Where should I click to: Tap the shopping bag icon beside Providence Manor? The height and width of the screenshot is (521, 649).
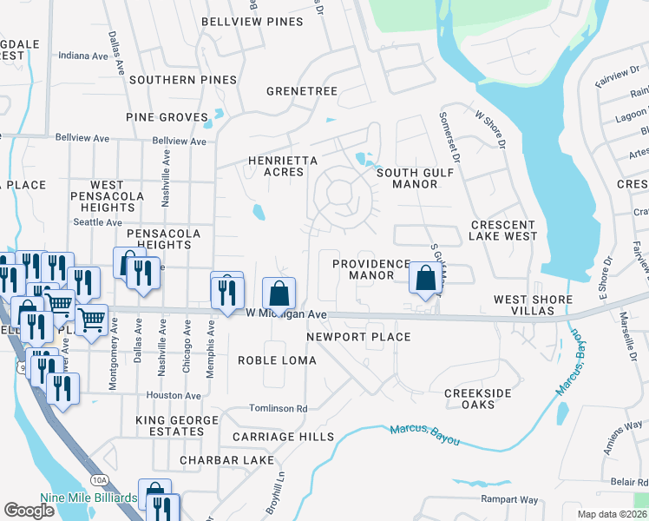coord(425,279)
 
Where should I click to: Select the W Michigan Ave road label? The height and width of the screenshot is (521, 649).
coord(285,313)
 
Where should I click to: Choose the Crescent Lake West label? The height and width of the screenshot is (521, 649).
coord(515,230)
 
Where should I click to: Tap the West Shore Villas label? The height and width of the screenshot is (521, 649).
coord(533,306)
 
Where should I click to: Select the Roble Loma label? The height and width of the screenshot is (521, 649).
coord(278,359)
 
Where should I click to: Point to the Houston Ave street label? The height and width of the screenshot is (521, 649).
coord(174,395)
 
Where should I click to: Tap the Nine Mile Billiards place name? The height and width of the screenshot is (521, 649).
coord(88,498)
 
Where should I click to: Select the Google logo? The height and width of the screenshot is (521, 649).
coord(29,510)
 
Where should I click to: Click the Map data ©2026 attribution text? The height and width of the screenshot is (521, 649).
coord(613,514)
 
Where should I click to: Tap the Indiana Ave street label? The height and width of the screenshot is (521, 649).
coord(83,56)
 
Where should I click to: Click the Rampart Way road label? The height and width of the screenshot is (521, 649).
coord(510,499)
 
